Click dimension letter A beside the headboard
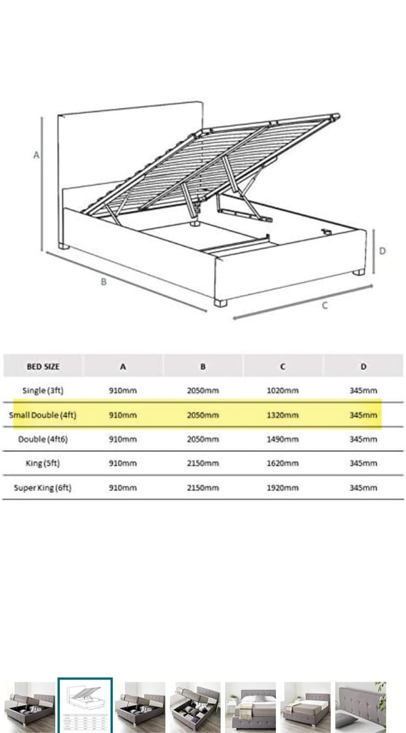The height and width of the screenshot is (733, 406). pos(36,155)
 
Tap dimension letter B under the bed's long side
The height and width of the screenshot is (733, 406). pos(104,282)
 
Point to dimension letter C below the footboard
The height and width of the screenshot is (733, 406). pos(325,306)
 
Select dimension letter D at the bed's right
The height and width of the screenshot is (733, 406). pos(382,251)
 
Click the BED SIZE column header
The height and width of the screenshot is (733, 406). pos(43,366)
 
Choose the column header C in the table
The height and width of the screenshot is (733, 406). pos(283,366)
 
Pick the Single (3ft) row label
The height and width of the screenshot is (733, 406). pos(43,390)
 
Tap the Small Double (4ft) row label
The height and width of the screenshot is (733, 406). pos(42,414)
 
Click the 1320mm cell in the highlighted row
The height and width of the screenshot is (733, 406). pos(282,414)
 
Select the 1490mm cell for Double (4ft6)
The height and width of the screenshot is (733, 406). pos(282,439)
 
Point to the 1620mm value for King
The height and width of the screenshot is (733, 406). pos(282,463)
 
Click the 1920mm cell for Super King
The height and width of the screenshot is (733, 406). pos(282,487)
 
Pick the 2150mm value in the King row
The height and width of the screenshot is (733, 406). pos(202,463)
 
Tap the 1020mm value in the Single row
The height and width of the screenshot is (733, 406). pos(282,390)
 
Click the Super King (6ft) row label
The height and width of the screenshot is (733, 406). pos(42,487)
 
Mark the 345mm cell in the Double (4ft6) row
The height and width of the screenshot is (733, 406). pos(363,439)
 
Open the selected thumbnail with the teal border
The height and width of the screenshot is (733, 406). pos(85,705)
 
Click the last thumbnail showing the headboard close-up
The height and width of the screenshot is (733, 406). pos(360,705)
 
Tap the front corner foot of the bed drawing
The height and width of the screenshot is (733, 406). pos(220,303)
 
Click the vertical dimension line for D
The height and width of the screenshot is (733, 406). pos(374,252)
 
